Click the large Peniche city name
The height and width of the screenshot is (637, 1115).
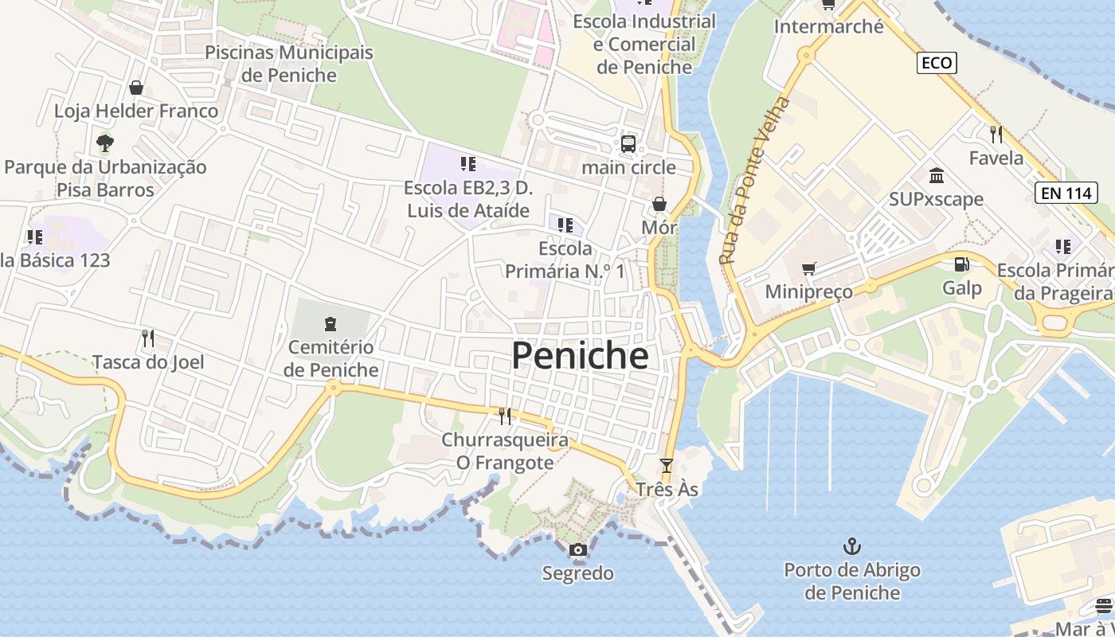580,356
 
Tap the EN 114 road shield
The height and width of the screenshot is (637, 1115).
1066,192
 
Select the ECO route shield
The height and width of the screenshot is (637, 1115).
936,63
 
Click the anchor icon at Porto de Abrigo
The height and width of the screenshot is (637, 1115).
852,546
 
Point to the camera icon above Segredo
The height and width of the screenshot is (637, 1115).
578,549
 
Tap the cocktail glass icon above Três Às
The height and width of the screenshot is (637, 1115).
667,465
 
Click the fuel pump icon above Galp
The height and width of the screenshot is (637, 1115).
962,264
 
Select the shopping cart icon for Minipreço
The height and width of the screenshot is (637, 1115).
809,268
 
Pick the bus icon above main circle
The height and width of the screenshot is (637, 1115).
628,144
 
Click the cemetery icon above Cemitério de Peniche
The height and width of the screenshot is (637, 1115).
331,323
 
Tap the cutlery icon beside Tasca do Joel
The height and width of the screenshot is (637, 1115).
147,338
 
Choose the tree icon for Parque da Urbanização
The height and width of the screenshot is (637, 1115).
104,143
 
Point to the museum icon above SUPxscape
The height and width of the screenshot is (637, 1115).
937,175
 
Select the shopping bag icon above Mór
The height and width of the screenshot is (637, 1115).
659,204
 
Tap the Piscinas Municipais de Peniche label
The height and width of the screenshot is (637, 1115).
289,64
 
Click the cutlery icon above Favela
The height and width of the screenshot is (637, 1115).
996,134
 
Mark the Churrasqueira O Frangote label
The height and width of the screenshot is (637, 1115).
505,451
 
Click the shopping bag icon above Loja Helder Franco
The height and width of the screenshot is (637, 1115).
136,87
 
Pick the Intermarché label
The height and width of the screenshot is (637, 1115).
829,26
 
